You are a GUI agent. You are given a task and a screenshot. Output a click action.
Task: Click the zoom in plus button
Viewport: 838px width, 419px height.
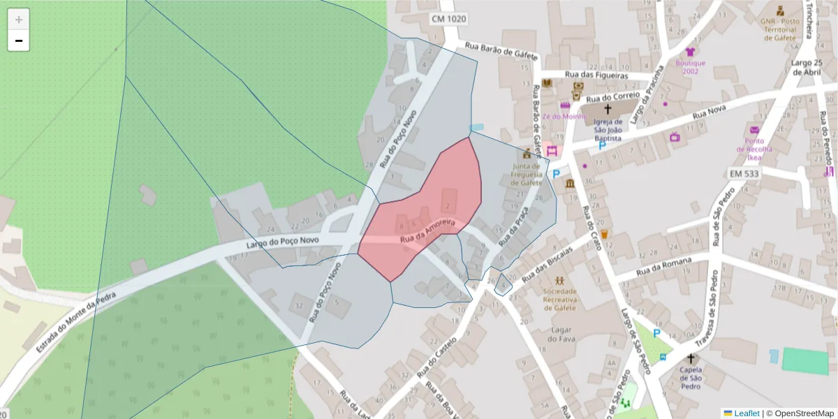19,20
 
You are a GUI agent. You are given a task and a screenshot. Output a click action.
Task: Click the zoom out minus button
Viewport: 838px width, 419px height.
19,41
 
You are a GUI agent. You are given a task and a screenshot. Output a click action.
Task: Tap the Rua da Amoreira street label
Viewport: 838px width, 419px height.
427,231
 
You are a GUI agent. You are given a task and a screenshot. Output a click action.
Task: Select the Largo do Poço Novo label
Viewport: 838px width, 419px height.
282,243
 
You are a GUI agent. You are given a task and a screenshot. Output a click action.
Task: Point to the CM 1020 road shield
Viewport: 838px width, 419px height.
448,19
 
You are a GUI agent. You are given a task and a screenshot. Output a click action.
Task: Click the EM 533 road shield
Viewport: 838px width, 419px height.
744,172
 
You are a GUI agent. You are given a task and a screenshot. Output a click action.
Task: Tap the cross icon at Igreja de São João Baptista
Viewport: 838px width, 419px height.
608,109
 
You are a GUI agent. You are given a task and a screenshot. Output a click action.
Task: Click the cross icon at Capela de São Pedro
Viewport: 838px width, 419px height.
691,358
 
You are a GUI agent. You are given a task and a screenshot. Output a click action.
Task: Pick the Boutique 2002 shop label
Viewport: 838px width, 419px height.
690,66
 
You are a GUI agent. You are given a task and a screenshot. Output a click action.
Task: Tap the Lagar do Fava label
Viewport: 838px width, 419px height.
561,335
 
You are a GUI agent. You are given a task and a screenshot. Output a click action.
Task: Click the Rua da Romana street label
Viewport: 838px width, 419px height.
664,267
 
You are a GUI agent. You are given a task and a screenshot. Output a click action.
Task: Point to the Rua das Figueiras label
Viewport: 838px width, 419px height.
597,75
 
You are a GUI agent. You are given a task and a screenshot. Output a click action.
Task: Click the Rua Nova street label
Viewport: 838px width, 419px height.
710,112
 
